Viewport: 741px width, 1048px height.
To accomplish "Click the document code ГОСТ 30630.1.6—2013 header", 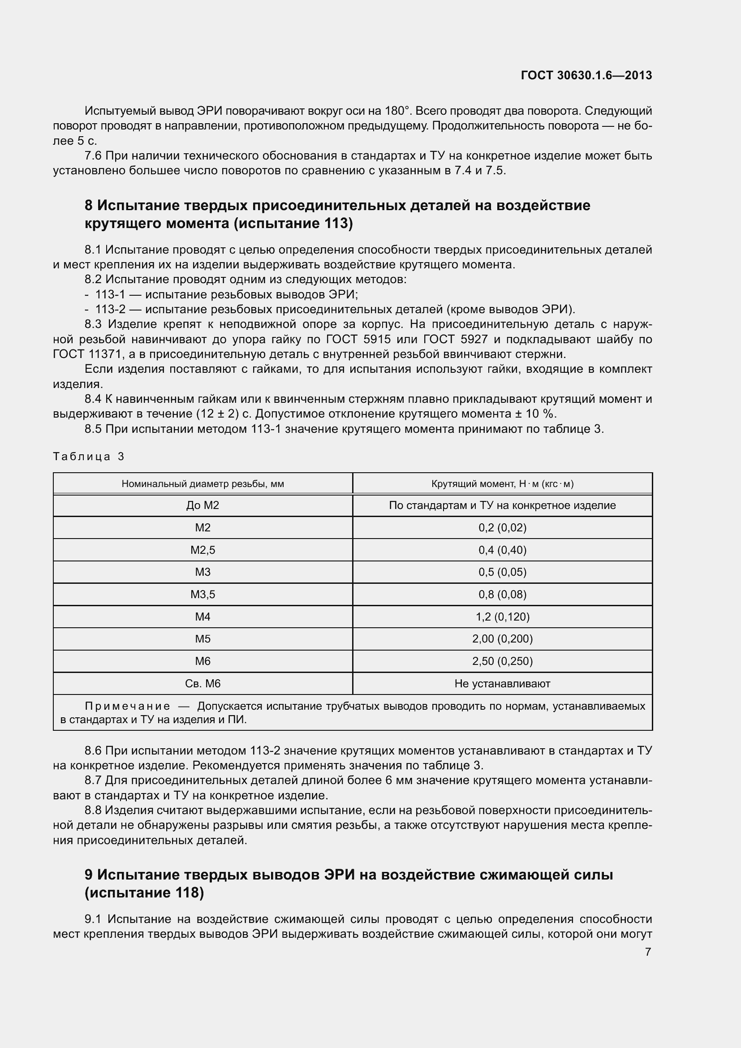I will (x=586, y=75).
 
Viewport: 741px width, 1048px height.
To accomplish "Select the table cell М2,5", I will (x=202, y=550).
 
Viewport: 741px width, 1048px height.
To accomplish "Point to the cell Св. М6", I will (x=202, y=684).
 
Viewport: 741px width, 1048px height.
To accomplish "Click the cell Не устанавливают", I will (x=502, y=684).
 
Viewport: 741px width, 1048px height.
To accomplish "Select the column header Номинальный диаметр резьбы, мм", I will (x=202, y=484).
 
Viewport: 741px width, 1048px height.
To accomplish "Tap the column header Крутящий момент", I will (x=502, y=484).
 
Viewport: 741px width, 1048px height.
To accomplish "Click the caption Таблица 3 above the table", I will (x=89, y=457).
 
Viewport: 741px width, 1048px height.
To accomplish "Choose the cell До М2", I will (x=202, y=505).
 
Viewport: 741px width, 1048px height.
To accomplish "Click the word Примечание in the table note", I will (x=127, y=707).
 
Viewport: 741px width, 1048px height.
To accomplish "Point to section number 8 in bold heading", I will (x=89, y=206).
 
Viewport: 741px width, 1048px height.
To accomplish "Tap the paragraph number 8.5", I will (x=93, y=429).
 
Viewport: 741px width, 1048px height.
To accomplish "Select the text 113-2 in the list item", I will (x=110, y=310).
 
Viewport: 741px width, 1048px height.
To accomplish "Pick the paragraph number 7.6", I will (x=93, y=156).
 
